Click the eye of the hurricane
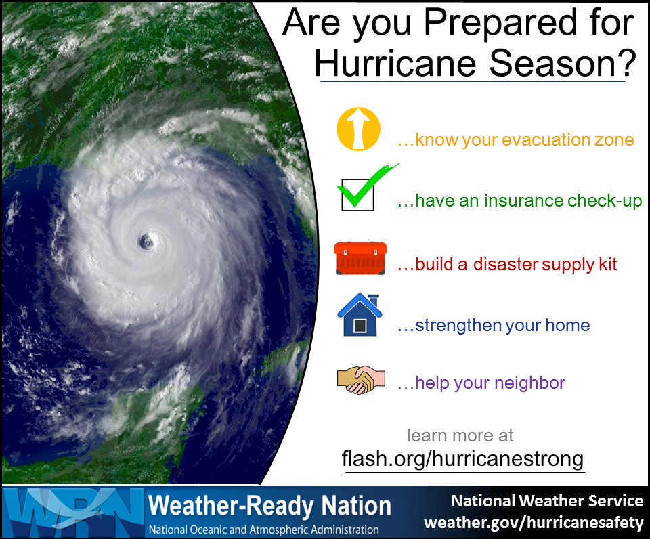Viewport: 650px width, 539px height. [146, 241]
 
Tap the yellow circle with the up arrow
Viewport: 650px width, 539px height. [358, 129]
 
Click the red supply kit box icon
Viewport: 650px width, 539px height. [360, 258]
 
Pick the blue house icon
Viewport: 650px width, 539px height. [360, 314]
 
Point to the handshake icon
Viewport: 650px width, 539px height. [361, 379]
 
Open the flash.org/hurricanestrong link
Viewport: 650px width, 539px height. [462, 459]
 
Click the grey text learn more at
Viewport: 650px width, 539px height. [460, 436]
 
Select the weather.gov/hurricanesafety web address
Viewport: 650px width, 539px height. [534, 523]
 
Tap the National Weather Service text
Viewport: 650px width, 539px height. [547, 501]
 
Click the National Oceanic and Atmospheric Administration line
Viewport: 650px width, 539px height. [263, 530]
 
